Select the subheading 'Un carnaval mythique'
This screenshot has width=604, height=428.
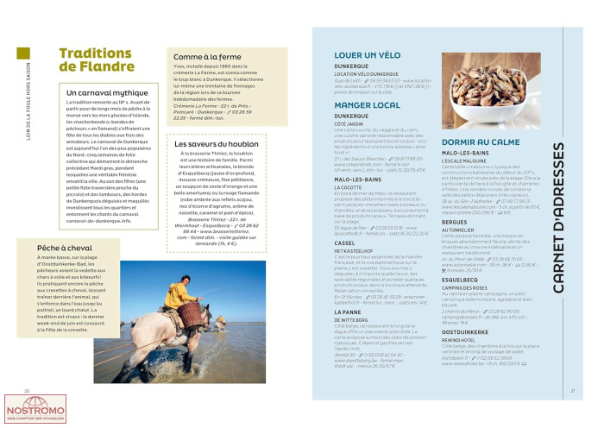click(104, 91)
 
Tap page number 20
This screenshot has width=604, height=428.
click(27, 367)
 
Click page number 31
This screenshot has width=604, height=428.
click(573, 367)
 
